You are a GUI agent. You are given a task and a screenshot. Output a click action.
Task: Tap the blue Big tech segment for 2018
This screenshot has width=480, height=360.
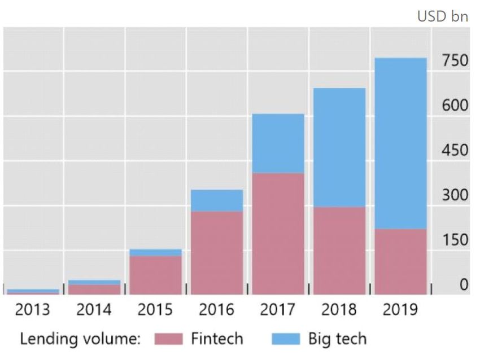point(339,147)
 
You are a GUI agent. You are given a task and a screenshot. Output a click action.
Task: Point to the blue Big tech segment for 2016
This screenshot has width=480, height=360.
point(217,200)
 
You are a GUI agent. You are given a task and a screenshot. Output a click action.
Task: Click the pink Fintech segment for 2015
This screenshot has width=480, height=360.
point(155,275)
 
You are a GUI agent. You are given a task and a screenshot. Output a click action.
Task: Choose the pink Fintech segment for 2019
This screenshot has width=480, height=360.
point(401,261)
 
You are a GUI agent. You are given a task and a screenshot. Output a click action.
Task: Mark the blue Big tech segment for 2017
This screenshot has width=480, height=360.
point(278,143)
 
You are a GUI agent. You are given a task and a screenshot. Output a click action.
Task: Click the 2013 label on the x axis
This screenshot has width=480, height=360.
point(32,310)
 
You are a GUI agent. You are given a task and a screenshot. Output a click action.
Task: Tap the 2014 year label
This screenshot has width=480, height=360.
point(94,310)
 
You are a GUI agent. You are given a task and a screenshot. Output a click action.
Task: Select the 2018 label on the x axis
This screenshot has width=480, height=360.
point(340,310)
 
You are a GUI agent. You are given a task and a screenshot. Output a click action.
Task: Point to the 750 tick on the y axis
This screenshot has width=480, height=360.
point(455,61)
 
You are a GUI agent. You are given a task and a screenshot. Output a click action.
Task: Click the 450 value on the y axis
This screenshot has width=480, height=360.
point(455,150)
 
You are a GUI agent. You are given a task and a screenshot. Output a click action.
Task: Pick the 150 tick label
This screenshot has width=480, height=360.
point(455,240)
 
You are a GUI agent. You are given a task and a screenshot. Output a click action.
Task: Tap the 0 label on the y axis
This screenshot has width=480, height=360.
point(463,284)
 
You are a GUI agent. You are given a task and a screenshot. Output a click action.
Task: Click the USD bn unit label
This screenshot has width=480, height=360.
point(443,16)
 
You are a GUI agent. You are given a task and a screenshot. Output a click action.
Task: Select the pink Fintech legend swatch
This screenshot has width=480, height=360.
point(168,339)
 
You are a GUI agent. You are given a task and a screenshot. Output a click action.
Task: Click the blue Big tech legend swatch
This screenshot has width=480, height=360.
point(286,339)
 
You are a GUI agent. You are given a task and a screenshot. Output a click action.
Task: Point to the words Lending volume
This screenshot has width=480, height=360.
point(79,339)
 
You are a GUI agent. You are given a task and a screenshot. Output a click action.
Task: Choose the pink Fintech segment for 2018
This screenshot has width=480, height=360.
point(339,251)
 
